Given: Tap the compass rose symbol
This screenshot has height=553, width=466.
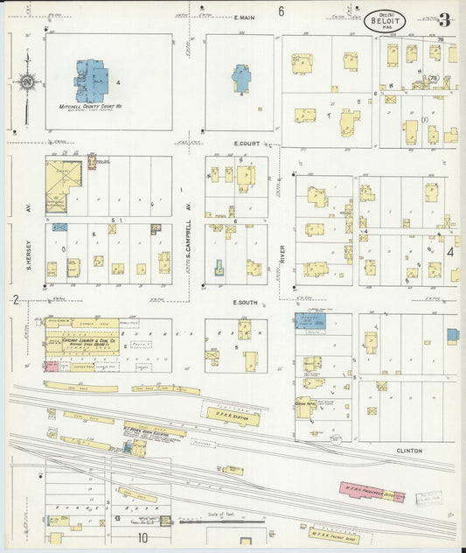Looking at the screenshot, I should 28,83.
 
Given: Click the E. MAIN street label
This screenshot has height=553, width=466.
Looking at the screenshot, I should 244,17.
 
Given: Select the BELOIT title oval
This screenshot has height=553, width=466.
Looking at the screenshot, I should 385,21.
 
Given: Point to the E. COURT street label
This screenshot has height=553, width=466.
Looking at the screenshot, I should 248,143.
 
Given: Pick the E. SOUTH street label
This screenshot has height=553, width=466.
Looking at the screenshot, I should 248,302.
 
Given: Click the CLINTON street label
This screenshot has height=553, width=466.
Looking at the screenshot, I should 409,451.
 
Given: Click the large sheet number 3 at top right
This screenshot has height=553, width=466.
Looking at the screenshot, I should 445,19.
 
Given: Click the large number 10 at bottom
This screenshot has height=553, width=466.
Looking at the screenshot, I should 142,539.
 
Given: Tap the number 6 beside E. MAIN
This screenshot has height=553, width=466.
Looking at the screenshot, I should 282,11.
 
